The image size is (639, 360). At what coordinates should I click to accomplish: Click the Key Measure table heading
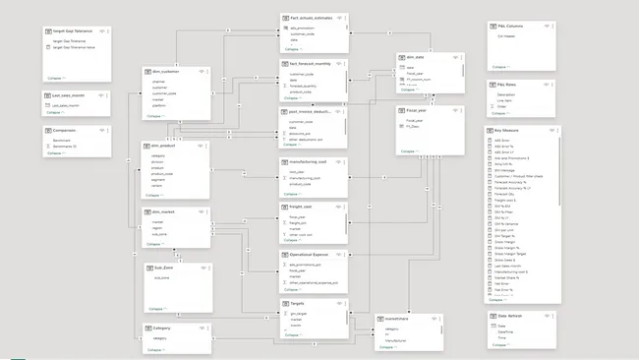click(x=506, y=130)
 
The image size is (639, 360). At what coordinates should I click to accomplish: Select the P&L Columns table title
click(x=507, y=29)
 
